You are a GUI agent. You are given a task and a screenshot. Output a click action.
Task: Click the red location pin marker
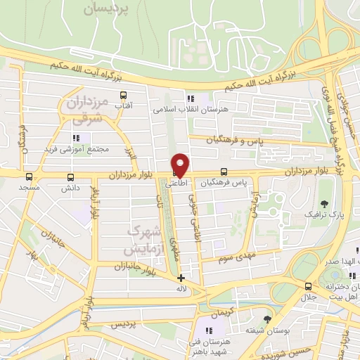pyautogui.click(x=181, y=165)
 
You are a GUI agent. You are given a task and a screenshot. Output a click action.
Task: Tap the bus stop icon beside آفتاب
pyautogui.click(x=124, y=96)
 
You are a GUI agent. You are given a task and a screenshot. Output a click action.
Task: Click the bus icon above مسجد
pyautogui.click(x=29, y=177)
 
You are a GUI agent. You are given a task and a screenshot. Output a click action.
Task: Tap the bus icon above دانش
pyautogui.click(x=70, y=177)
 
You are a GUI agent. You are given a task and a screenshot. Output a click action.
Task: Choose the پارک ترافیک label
pyautogui.click(x=321, y=211)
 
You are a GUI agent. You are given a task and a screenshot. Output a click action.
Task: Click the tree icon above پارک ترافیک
pyautogui.click(x=324, y=185)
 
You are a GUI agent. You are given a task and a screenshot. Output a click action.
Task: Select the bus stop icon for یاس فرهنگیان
pyautogui.click(x=224, y=172)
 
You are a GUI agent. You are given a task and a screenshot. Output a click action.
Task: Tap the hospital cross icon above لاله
pyautogui.click(x=181, y=278)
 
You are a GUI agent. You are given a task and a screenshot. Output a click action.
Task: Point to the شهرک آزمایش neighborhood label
pyautogui.click(x=143, y=240)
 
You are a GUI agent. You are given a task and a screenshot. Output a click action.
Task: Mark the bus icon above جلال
pyautogui.click(x=308, y=286)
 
